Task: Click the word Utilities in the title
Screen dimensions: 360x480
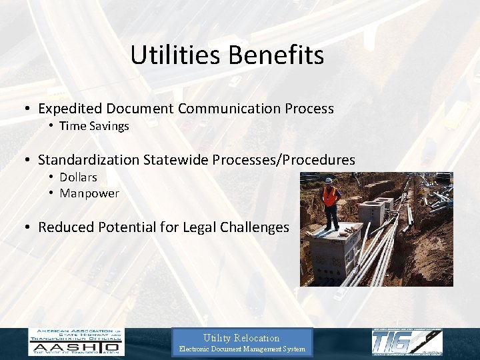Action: [x=171, y=55]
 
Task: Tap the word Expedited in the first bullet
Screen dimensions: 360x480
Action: [x=70, y=108]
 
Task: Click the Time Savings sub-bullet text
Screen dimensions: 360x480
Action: [x=94, y=126]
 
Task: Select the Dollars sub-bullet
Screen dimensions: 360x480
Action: [x=78, y=177]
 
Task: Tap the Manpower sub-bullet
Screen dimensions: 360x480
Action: [x=89, y=193]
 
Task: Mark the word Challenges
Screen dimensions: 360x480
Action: [x=256, y=227]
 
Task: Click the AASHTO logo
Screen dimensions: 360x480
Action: [x=75, y=342]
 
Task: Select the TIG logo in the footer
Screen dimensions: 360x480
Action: [x=407, y=342]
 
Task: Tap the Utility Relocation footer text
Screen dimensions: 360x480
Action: [x=241, y=338]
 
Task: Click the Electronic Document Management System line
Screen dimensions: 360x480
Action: [x=241, y=349]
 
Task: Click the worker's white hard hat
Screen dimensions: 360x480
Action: [x=329, y=181]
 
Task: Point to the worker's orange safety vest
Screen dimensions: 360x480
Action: [x=329, y=195]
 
